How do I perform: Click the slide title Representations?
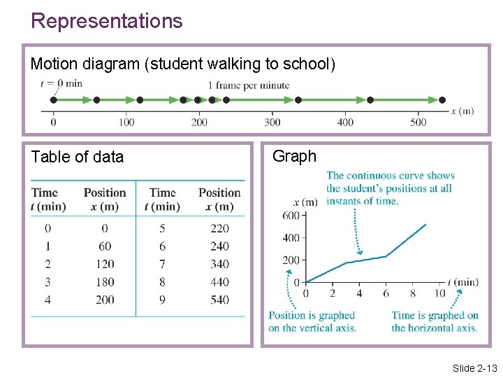coord(106,21)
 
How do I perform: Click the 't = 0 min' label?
coord(61,83)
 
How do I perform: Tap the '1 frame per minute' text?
coord(248,85)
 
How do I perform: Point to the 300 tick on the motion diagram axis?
coord(272,122)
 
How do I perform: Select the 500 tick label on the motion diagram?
coord(418,122)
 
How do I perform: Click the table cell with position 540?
coord(219,300)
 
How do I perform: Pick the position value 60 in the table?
coord(105,246)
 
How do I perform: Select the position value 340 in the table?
coord(219,264)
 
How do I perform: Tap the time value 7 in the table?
coord(162,264)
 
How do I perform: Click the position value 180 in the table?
coord(105,282)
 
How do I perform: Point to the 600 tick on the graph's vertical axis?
coord(291,216)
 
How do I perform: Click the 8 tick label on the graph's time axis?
coord(412,294)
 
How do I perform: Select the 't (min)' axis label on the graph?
coord(462,282)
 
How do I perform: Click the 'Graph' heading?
coord(294,156)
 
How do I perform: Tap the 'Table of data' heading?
coord(77,157)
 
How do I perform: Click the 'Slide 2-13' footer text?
coord(474,368)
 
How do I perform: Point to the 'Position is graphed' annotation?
coord(312,316)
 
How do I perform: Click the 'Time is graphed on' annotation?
coord(435,316)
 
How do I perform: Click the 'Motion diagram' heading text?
coord(85,64)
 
